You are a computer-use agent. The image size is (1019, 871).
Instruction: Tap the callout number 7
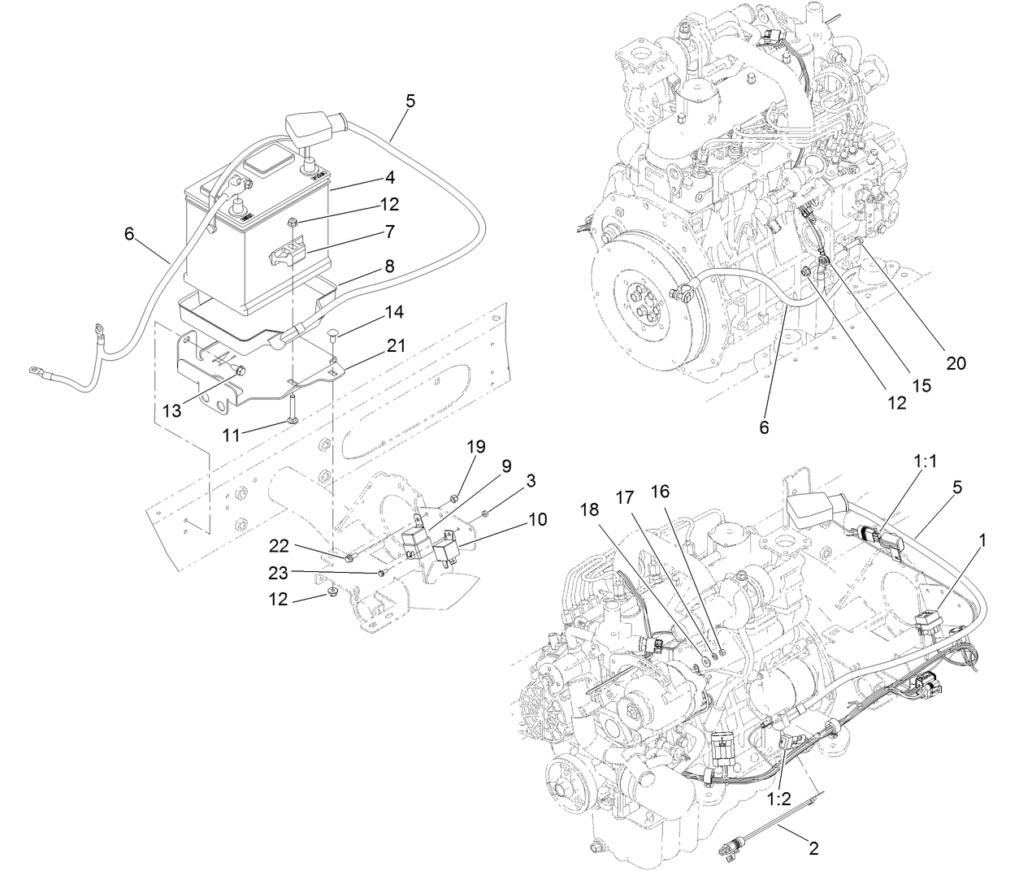[390, 232]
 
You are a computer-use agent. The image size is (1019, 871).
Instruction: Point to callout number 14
[394, 312]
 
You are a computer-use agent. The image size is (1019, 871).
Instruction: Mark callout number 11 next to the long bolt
[232, 435]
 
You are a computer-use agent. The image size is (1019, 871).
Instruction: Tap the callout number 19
[475, 446]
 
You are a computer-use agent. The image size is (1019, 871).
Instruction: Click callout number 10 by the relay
[537, 518]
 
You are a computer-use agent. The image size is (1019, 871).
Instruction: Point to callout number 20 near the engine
[956, 363]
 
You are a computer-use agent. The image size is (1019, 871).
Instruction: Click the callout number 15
[921, 387]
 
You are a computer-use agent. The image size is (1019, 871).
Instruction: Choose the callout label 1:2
[779, 798]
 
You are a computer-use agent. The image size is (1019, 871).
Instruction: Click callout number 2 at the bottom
[812, 849]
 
